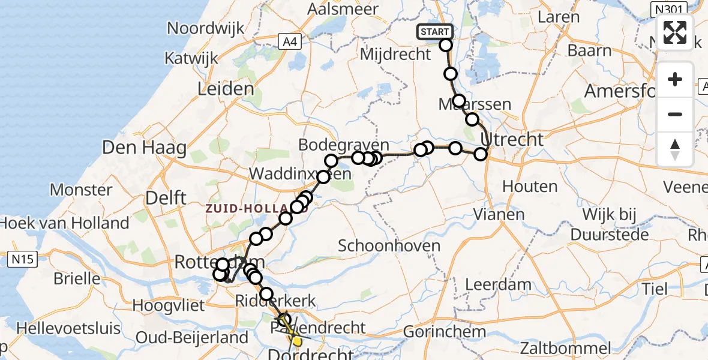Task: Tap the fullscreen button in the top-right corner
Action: pyautogui.click(x=675, y=32)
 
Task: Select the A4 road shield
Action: pyautogui.click(x=290, y=41)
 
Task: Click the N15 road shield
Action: pyautogui.click(x=23, y=260)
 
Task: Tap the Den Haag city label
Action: pyautogui.click(x=144, y=148)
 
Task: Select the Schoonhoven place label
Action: pyautogui.click(x=389, y=245)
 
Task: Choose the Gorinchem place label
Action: pyautogui.click(x=445, y=331)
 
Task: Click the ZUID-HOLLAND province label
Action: pyautogui.click(x=257, y=209)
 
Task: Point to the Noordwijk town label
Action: pyautogui.click(x=206, y=28)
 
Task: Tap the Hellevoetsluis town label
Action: pyautogui.click(x=68, y=329)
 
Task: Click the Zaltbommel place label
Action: pyautogui.click(x=565, y=348)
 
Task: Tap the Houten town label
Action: pyautogui.click(x=530, y=187)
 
